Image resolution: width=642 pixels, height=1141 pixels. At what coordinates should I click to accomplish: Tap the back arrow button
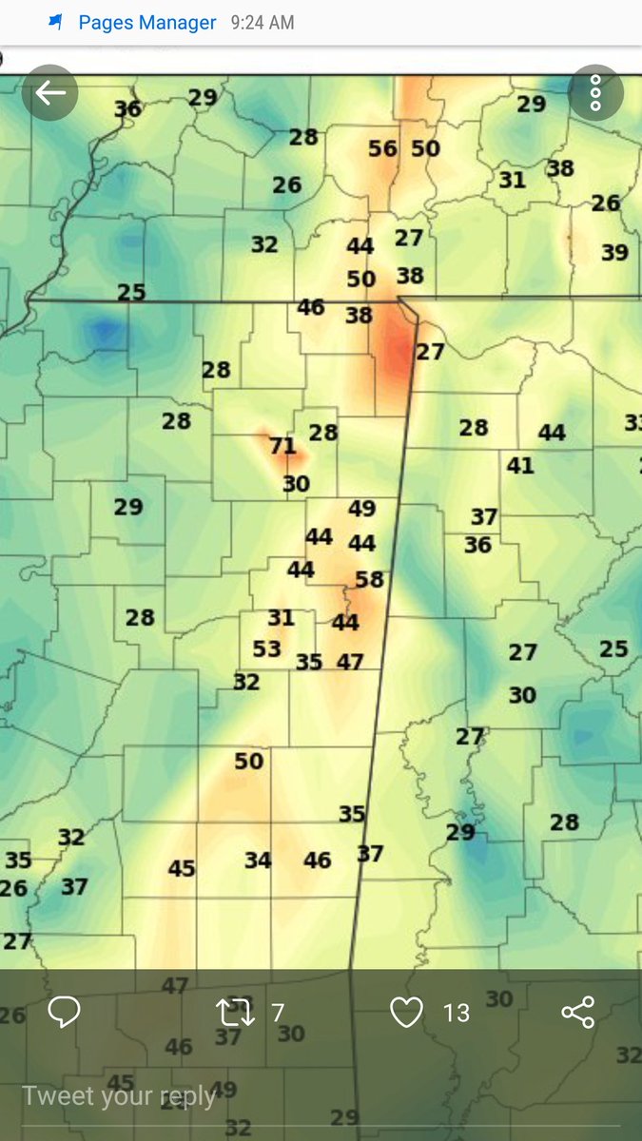pos(49,93)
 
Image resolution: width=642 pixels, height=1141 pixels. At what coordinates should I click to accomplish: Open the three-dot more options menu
pos(595,93)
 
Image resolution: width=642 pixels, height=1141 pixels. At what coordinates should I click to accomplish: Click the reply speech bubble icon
pos(64,1013)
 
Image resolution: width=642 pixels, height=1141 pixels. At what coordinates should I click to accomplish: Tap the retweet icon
pos(235,1013)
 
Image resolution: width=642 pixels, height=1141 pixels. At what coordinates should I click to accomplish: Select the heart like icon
pos(406,1013)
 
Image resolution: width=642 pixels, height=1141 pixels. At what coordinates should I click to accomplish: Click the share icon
pos(577,1013)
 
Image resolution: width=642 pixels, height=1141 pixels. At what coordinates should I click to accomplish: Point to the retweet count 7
pos(278,1014)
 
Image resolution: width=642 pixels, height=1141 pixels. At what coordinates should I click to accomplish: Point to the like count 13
pos(457,1014)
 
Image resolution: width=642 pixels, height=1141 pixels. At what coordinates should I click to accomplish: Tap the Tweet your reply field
pos(119,1096)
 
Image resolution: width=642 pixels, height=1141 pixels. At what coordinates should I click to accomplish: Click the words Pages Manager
pos(147,22)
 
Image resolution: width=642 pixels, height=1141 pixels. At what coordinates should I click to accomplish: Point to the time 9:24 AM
pos(262,22)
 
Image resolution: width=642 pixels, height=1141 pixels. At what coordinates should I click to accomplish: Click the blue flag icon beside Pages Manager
pos(57,22)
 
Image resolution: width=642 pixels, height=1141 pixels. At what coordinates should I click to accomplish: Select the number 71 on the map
pos(282,446)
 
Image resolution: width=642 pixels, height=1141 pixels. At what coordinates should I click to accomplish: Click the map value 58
pos(369,579)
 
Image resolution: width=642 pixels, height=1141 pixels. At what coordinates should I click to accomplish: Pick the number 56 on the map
pos(382,149)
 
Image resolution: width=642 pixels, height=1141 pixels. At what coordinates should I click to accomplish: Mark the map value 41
pos(520,466)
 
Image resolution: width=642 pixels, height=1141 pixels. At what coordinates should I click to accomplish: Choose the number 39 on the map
pos(614,253)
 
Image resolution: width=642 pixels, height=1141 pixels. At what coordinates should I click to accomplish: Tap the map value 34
pos(258,861)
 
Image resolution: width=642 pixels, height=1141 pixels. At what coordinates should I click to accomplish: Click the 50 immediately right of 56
pos(426,149)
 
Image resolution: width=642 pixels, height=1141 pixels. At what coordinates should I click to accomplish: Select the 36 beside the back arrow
pos(127,109)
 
